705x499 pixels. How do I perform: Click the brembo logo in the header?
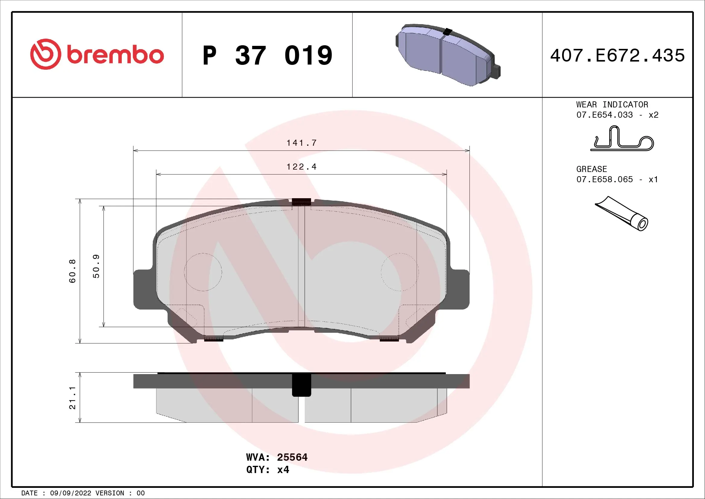[97, 54]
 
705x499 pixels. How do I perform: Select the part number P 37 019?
[267, 56]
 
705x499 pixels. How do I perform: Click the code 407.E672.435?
[617, 56]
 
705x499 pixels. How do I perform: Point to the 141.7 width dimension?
[301, 143]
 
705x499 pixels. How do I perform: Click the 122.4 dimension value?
[301, 167]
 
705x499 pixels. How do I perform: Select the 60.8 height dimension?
[72, 271]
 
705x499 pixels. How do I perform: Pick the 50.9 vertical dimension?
[96, 266]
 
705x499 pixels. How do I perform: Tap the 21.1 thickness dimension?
[72, 398]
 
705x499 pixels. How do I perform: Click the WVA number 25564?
[292, 457]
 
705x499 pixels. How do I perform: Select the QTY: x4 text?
[267, 469]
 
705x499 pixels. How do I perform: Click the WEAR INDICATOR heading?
[612, 104]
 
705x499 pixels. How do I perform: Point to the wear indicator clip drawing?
[622, 140]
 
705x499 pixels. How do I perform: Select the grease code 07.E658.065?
[604, 179]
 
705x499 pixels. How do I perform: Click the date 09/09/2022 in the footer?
[70, 493]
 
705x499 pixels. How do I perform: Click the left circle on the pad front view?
[203, 272]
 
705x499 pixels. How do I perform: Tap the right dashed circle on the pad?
[400, 272]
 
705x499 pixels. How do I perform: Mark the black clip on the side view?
[301, 385]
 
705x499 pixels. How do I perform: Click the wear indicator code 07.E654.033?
[604, 115]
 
